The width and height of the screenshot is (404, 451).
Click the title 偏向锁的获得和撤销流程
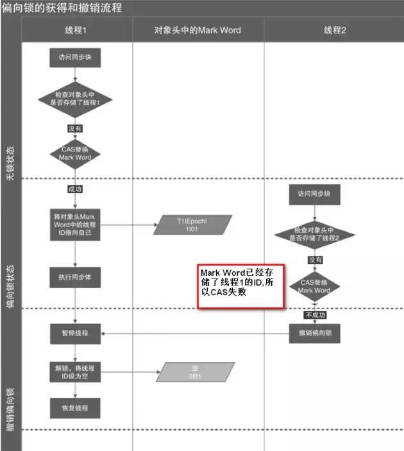[x=62, y=8]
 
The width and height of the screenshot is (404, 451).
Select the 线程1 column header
[x=76, y=30]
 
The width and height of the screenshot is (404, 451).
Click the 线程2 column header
[x=335, y=30]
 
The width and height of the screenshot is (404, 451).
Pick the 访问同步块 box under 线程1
[x=76, y=58]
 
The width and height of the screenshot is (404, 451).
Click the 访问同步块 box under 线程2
[x=314, y=193]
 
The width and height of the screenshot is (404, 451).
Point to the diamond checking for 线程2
[x=314, y=234]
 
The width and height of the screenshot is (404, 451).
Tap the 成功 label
[x=75, y=189]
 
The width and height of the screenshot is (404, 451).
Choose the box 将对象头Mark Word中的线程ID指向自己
[x=74, y=222]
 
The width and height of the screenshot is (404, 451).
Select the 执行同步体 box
[x=75, y=277]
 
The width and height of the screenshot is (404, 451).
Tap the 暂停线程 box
[x=76, y=334]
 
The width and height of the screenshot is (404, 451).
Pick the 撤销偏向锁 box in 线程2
[x=314, y=334]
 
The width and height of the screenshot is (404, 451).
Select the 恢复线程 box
[x=76, y=407]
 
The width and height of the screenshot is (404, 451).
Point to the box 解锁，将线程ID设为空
[x=74, y=372]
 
